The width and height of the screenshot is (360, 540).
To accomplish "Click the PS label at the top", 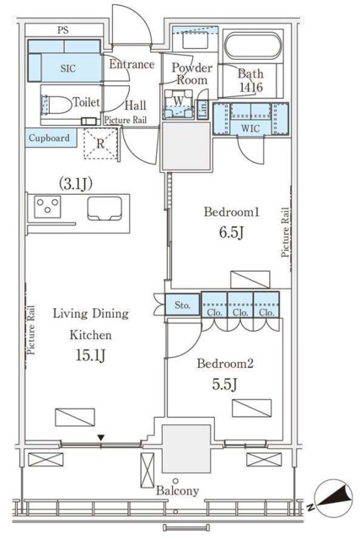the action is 63,30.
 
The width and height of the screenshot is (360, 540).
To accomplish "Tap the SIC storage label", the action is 67,68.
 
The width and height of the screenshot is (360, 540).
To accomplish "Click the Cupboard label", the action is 49,138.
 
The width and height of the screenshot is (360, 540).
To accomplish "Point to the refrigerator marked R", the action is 100,143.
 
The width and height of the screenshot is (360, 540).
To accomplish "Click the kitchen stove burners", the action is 47,207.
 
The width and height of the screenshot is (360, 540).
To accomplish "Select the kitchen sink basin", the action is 105,208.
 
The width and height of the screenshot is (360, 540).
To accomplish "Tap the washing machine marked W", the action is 178,104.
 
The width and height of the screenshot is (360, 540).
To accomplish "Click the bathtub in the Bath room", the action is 253,45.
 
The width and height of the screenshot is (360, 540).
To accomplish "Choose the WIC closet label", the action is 251,129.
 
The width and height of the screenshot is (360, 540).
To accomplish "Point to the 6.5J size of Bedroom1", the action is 231,233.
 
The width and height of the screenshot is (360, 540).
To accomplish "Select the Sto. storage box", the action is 182,305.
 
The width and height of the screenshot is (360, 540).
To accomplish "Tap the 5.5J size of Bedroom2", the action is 224,385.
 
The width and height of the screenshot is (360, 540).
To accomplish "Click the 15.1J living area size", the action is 90,355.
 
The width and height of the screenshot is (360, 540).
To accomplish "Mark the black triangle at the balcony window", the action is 100,438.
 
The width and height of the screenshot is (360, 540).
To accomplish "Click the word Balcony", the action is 178,491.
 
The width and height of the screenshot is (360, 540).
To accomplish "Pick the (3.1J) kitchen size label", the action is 76,184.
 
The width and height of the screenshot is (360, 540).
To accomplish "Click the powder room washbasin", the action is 195,40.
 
